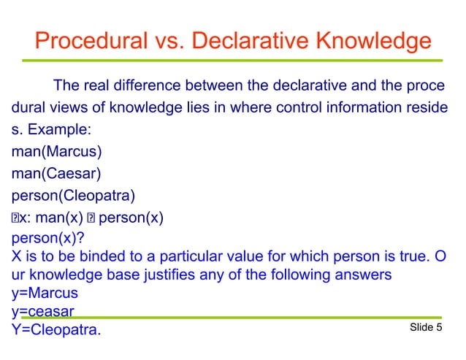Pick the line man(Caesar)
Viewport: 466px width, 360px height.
click(56, 174)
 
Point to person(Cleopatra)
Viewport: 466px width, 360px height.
click(74, 196)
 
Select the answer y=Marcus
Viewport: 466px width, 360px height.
click(45, 293)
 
